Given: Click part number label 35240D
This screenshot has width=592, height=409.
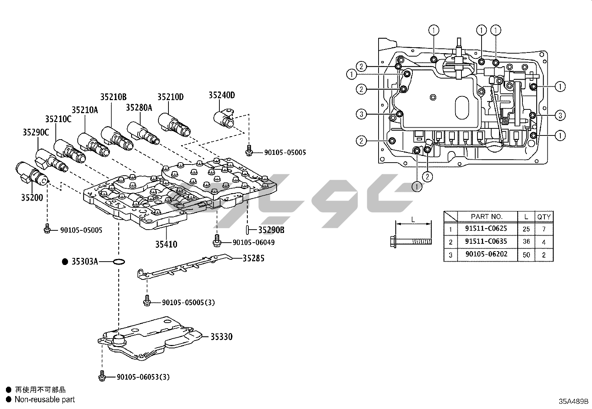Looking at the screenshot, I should click(222, 95).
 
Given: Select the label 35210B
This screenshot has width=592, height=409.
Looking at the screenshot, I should click(113, 97).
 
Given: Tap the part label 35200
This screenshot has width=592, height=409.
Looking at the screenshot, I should click(32, 198).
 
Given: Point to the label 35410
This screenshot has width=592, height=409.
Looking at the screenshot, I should click(166, 244).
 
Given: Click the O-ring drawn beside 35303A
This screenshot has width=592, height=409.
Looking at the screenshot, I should click(119, 262).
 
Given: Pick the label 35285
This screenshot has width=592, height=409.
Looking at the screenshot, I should click(254, 258).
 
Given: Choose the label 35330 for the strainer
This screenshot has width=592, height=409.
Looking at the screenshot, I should click(221, 337).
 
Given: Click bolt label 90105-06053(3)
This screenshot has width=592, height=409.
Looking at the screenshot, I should click(143, 377).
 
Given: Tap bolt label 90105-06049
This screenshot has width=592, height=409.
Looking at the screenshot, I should click(254, 243).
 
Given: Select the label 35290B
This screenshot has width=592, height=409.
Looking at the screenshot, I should click(271, 230).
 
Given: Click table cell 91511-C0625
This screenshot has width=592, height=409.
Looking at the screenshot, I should click(486, 229).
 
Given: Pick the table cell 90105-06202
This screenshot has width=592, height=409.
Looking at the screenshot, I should click(486, 255).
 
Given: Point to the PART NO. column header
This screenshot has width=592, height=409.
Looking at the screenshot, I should click(487, 216).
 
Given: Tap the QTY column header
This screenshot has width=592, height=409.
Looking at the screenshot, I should click(544, 217).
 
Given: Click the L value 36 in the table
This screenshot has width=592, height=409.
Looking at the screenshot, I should click(526, 242).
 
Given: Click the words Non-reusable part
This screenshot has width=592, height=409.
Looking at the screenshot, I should click(45, 400).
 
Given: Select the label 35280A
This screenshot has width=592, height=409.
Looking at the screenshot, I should click(139, 108).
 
